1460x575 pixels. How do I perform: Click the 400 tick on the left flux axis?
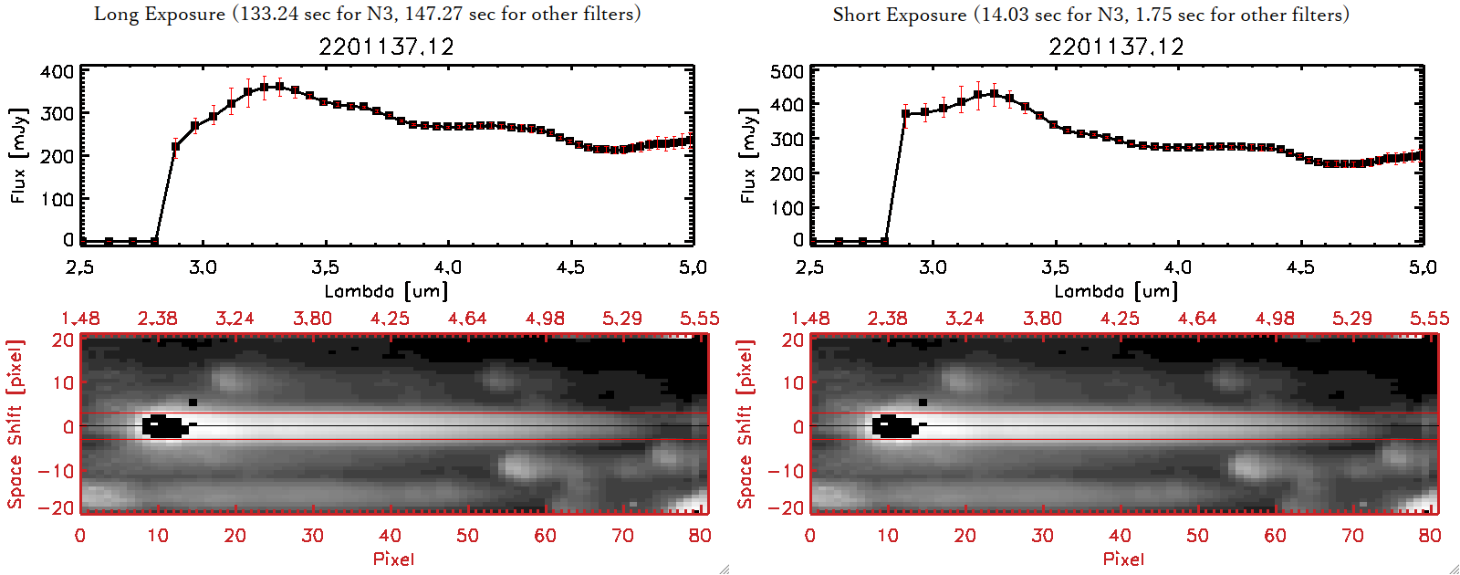(57, 71)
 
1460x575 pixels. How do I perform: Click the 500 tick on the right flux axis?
(787, 71)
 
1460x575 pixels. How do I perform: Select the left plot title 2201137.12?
(386, 47)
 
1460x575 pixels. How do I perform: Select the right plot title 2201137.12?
(1116, 47)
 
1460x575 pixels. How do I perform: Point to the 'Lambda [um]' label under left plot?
(386, 291)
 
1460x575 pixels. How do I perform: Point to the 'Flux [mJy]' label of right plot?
(749, 155)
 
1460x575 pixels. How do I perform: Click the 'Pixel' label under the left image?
(393, 559)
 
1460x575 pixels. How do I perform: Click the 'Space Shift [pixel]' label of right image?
(746, 424)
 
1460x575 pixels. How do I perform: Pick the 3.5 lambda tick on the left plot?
(325, 267)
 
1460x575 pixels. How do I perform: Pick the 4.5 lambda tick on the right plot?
(1300, 267)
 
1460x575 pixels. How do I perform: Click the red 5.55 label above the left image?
(699, 319)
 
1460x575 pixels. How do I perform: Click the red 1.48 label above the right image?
(810, 319)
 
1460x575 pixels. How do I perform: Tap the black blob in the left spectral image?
(164, 426)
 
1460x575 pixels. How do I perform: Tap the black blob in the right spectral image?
(894, 426)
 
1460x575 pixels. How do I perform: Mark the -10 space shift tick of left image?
(57, 471)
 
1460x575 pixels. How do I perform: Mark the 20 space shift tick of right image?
(793, 340)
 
